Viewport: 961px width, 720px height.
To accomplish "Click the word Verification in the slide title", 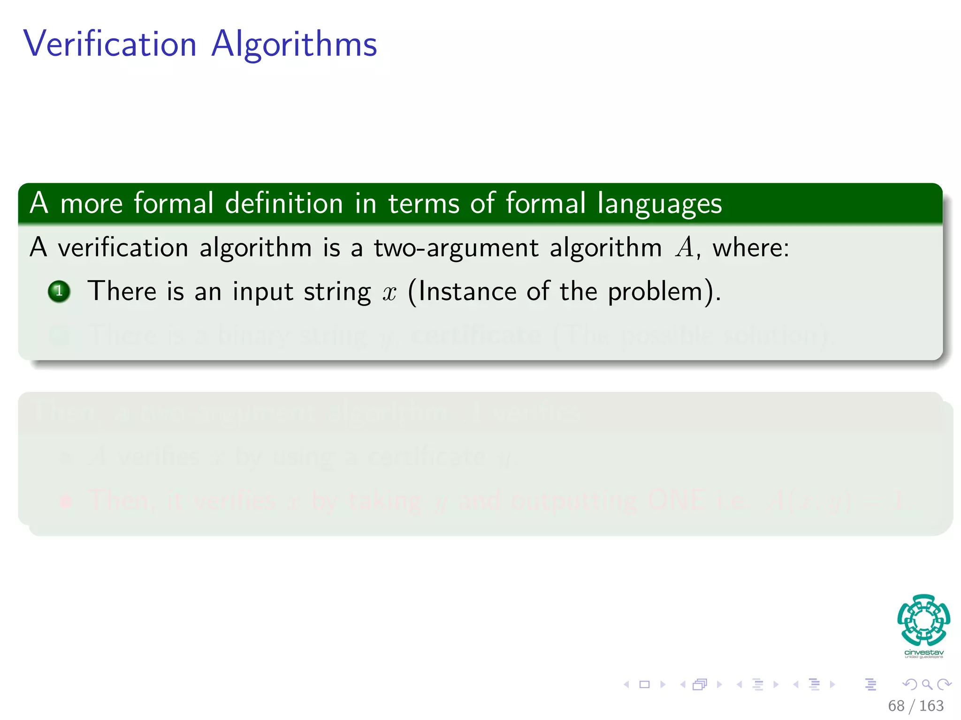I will [x=110, y=44].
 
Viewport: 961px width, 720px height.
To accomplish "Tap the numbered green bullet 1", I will [x=59, y=291].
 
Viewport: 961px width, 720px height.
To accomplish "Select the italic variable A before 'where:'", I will [x=685, y=247].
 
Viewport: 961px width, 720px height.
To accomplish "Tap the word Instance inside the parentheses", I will [x=467, y=291].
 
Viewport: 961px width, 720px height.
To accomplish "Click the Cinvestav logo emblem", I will [x=923, y=620].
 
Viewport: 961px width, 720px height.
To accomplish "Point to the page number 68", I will [x=896, y=705].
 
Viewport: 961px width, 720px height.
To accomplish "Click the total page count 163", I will [x=931, y=705].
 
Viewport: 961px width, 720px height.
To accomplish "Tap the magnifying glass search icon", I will [x=927, y=684].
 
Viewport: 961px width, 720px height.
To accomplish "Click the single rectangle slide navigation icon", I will [x=645, y=684].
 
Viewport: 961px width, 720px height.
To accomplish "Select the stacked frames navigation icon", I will [x=700, y=684].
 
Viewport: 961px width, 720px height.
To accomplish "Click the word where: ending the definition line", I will [x=751, y=247].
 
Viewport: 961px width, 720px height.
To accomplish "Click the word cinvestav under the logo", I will [x=923, y=652].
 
